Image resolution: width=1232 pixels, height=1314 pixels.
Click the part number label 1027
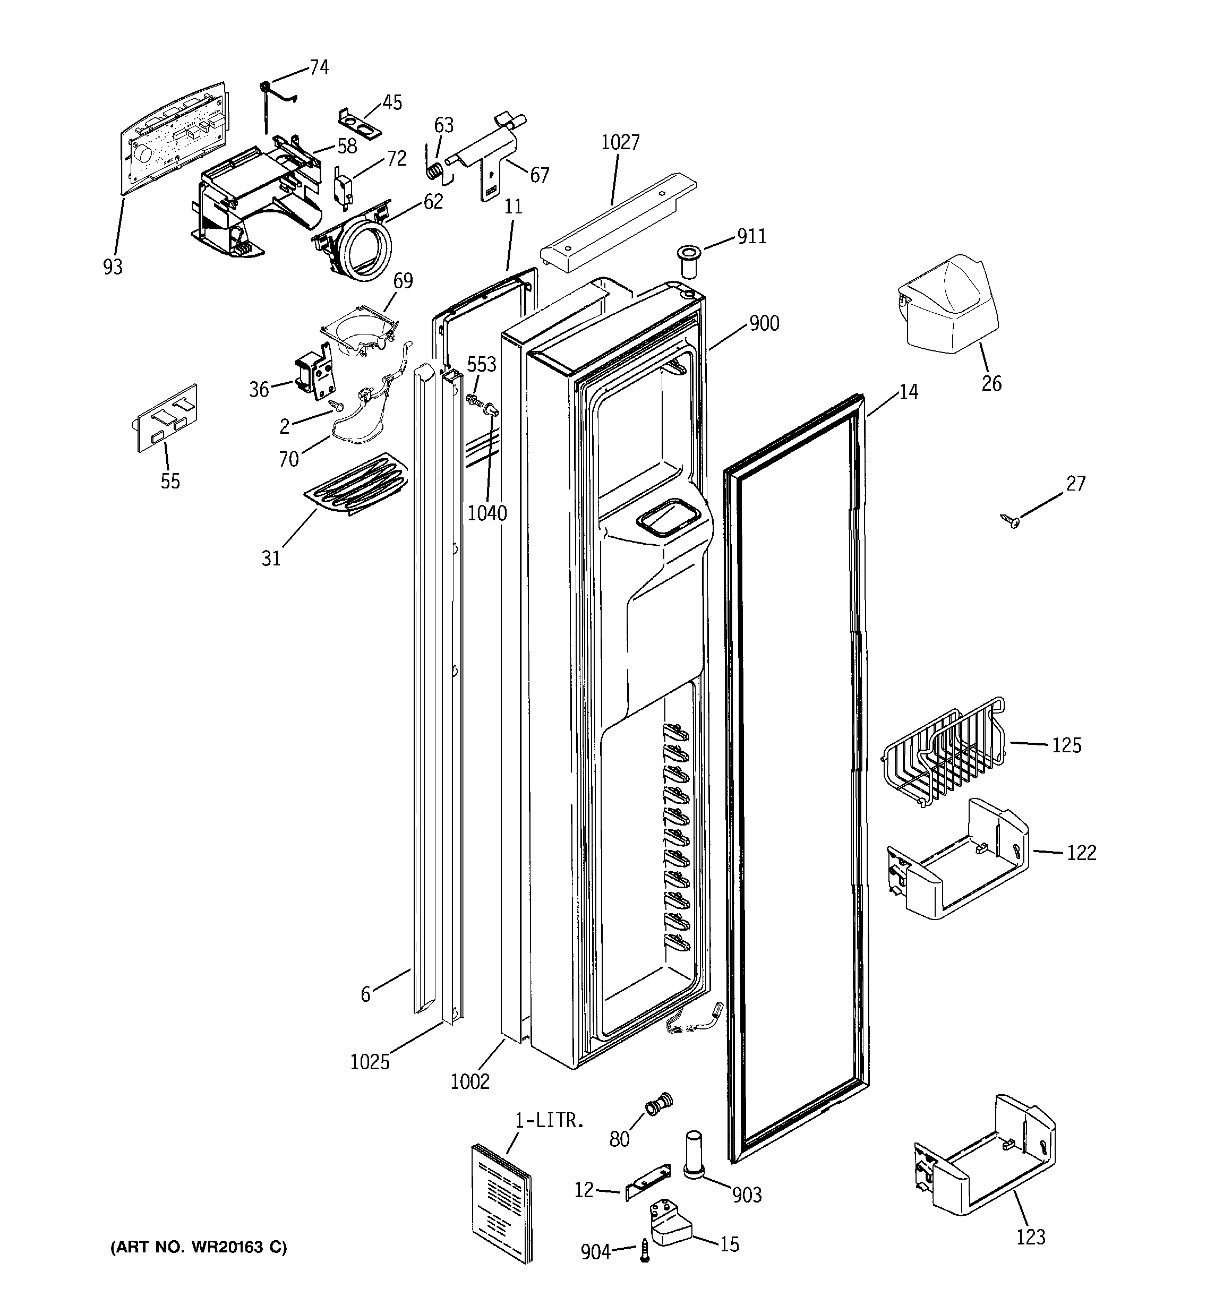pos(620,142)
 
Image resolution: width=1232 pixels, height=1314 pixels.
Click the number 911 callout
pos(751,236)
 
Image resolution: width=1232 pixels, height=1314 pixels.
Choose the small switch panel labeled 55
pos(167,418)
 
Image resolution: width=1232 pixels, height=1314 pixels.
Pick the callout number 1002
pos(469,1082)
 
